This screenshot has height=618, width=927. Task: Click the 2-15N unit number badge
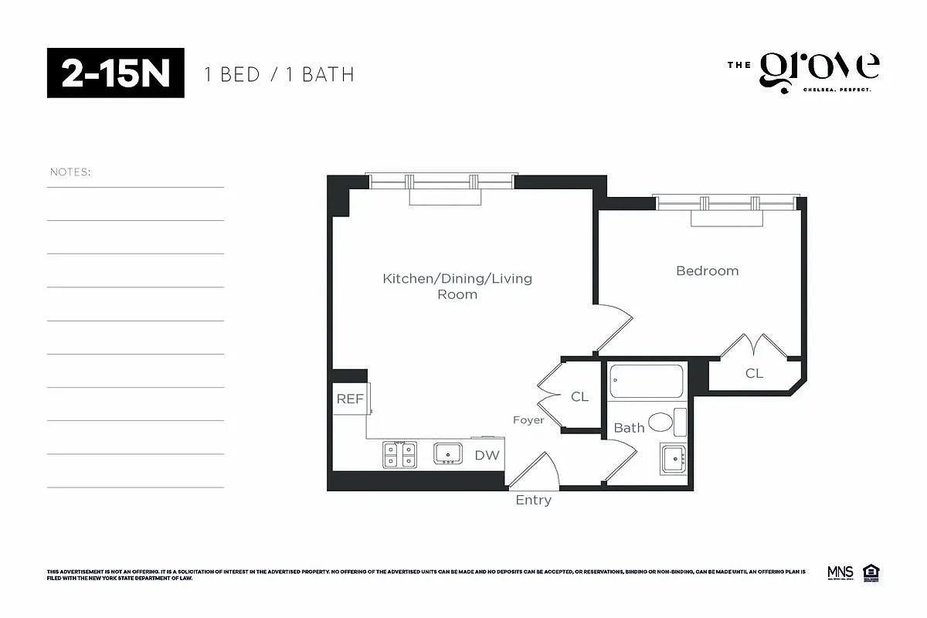pos(116,73)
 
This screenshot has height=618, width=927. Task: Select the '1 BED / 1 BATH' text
pos(279,74)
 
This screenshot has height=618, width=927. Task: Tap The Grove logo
pos(803,73)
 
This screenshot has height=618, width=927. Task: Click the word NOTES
pos(70,171)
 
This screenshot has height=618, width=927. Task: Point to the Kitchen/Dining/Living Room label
pos(457,286)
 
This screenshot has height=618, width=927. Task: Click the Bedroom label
pos(707,270)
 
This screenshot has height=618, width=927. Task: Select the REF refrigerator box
pos(350,399)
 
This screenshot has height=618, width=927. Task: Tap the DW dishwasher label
pos(487,456)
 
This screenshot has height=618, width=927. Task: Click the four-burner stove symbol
pos(399,454)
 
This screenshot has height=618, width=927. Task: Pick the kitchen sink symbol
pos(447,453)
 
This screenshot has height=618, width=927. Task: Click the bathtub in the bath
pos(647,381)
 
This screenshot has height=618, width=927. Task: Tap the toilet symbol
pos(664,422)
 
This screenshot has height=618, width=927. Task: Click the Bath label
pos(629,427)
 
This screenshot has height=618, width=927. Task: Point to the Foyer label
pos(528,420)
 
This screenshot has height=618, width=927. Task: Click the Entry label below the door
pos(533,500)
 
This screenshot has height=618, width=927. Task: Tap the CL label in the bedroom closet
pos(754,373)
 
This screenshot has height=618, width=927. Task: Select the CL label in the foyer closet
pos(579,396)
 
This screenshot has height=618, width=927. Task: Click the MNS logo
pos(840,572)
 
